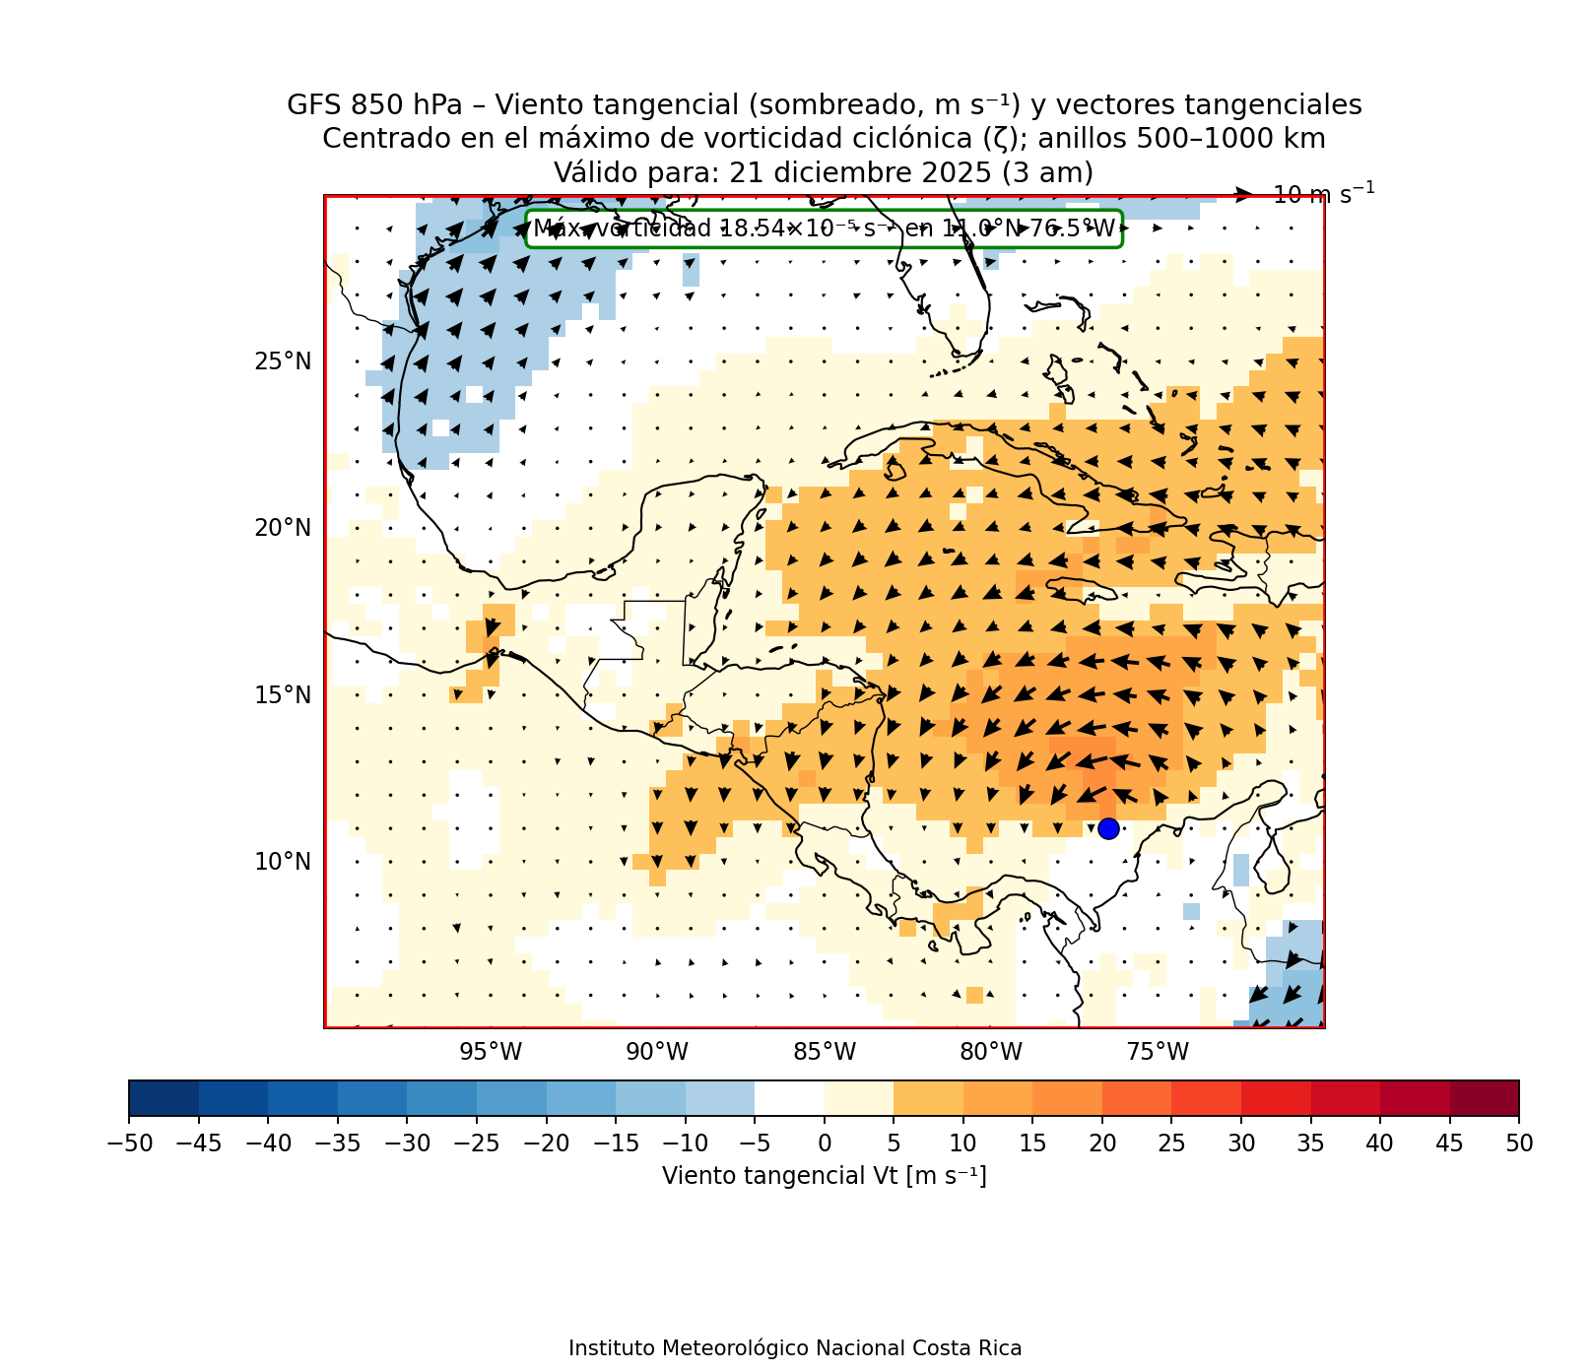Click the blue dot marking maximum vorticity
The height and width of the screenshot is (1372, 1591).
[x=1108, y=828]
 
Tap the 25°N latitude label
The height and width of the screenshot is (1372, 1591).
[x=283, y=361]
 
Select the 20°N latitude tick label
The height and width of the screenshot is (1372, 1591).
[x=283, y=528]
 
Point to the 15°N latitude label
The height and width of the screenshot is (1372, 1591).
[x=283, y=695]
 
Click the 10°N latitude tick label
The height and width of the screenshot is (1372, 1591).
[x=283, y=862]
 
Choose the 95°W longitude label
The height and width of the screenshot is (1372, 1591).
[x=491, y=1052]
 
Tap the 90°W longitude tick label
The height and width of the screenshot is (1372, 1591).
[x=657, y=1052]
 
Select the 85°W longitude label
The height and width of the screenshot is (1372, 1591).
[x=825, y=1052]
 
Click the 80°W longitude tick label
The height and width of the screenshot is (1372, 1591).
[x=991, y=1052]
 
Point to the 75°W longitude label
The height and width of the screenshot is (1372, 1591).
[x=1158, y=1052]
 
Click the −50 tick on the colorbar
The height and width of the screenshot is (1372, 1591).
[x=129, y=1143]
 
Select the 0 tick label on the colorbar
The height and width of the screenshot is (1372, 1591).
[x=825, y=1143]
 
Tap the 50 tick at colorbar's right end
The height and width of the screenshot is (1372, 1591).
[x=1519, y=1143]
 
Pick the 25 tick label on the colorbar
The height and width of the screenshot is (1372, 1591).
[x=1171, y=1143]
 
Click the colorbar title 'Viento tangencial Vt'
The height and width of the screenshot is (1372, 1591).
[x=824, y=1176]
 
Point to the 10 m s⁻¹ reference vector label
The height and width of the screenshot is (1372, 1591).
[x=1323, y=194]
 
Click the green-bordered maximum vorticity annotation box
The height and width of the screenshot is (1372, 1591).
[x=824, y=229]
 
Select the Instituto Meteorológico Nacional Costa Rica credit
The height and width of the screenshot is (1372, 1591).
[x=795, y=1348]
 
